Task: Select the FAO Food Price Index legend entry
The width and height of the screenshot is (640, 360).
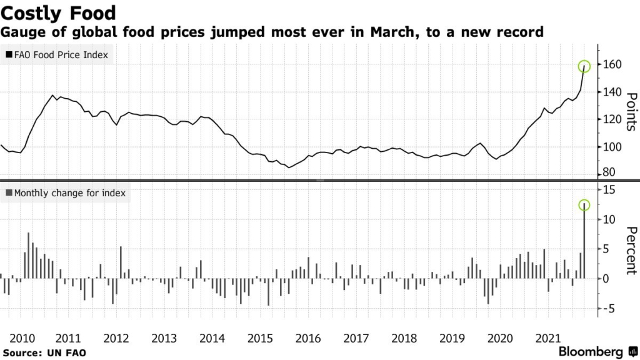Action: (57, 55)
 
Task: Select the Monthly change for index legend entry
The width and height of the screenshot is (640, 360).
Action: (66, 193)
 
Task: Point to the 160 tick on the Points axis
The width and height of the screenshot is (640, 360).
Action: (613, 64)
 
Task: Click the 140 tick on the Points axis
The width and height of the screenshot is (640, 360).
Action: (613, 92)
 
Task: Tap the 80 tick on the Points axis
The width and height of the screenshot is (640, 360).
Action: (610, 172)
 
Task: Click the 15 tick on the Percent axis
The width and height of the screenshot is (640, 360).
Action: (610, 189)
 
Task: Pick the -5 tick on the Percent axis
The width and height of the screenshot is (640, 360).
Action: (610, 308)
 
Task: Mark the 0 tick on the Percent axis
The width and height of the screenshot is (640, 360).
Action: (607, 278)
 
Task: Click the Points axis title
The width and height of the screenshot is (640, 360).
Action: (631, 111)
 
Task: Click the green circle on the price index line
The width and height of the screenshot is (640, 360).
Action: (584, 66)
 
